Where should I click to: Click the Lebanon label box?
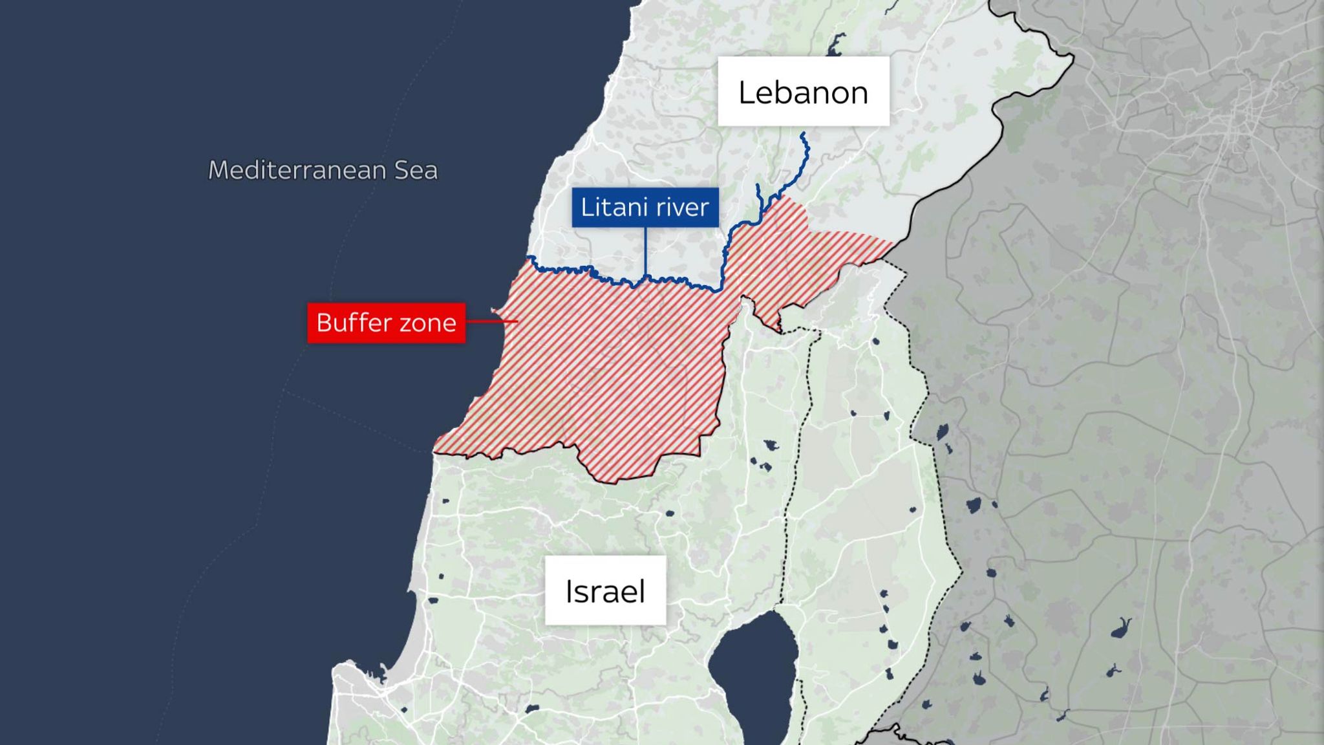point(803,91)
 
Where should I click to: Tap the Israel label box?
point(605,590)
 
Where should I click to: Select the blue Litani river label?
point(645,207)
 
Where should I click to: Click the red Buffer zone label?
point(386,322)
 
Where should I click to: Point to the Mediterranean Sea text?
point(323,170)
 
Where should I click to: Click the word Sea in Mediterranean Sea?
point(416,170)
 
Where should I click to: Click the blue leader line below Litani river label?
point(646,252)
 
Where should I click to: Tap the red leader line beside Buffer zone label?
point(491,321)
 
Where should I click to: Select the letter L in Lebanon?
point(747,92)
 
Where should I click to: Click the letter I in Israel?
point(569,591)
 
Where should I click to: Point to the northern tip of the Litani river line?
point(803,134)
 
